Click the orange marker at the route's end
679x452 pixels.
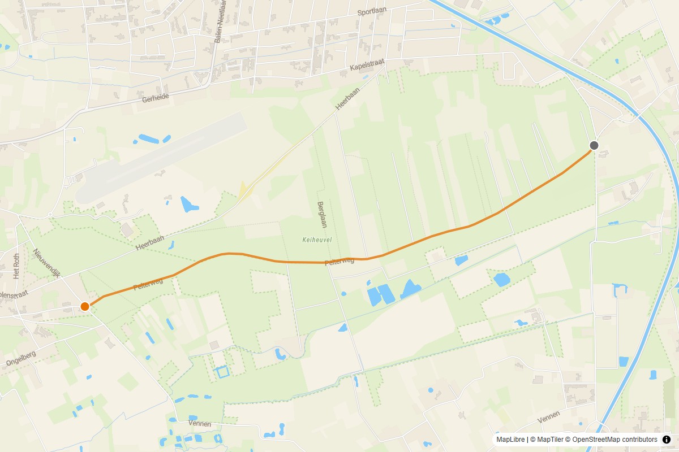point(85,306)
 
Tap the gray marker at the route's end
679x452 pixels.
point(594,145)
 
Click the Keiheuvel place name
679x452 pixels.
point(317,240)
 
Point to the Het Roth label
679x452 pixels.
point(16,266)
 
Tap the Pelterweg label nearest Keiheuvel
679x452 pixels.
point(339,262)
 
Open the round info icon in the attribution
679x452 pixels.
point(666,440)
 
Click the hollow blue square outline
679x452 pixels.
point(223,371)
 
